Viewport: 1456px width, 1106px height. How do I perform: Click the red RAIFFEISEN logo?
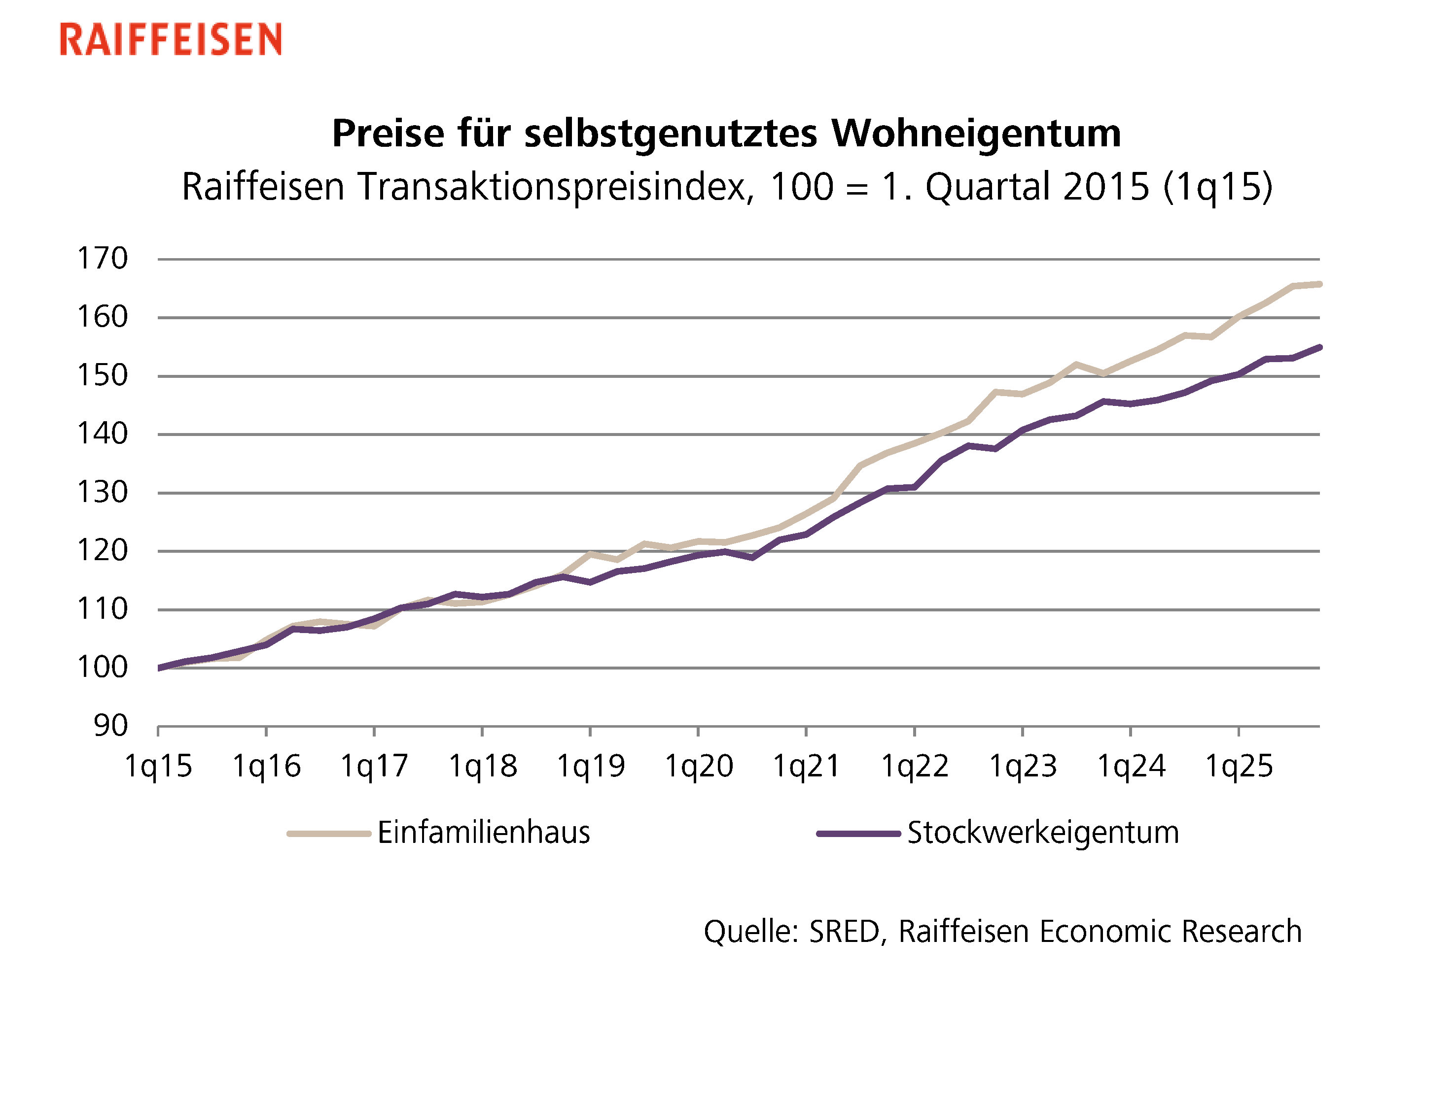pyautogui.click(x=171, y=39)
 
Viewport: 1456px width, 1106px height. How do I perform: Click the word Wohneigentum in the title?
pyautogui.click(x=976, y=134)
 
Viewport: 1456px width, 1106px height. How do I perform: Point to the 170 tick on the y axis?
pyautogui.click(x=103, y=259)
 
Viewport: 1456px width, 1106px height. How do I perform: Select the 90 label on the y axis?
pyautogui.click(x=110, y=726)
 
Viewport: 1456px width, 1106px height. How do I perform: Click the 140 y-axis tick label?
pyautogui.click(x=103, y=434)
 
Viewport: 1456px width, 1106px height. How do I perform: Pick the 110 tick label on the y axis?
pyautogui.click(x=103, y=609)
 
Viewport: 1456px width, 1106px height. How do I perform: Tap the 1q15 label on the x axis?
pyautogui.click(x=158, y=766)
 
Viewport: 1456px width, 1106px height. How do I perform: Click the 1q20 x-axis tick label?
pyautogui.click(x=698, y=766)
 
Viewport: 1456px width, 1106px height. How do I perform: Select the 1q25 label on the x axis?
pyautogui.click(x=1239, y=766)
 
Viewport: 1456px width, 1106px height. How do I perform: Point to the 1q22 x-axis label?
pyautogui.click(x=915, y=766)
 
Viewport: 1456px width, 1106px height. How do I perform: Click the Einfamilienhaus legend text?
pyautogui.click(x=484, y=833)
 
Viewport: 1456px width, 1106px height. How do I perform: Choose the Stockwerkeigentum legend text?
pyautogui.click(x=1043, y=833)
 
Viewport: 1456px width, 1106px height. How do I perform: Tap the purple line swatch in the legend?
pyautogui.click(x=858, y=834)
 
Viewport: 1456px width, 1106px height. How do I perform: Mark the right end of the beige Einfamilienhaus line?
pyautogui.click(x=1319, y=284)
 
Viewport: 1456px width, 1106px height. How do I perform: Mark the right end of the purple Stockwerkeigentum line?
pyautogui.click(x=1319, y=347)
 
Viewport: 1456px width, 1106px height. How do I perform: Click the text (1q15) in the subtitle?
pyautogui.click(x=1217, y=187)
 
